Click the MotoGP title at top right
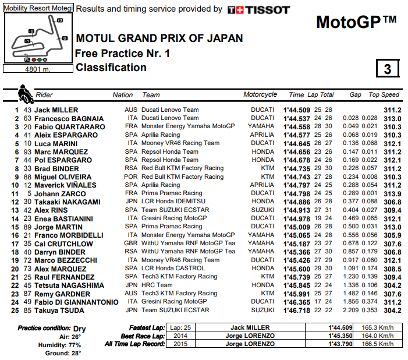pos(356,22)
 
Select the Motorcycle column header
pos(260,95)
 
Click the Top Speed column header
pos(384,95)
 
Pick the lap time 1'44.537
pos(297,118)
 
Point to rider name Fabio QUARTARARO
pos(69,126)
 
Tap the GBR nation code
pos(132,243)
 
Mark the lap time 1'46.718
pos(297,310)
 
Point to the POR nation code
pos(132,177)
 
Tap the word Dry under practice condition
pos(79,329)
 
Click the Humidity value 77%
pos(76,345)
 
